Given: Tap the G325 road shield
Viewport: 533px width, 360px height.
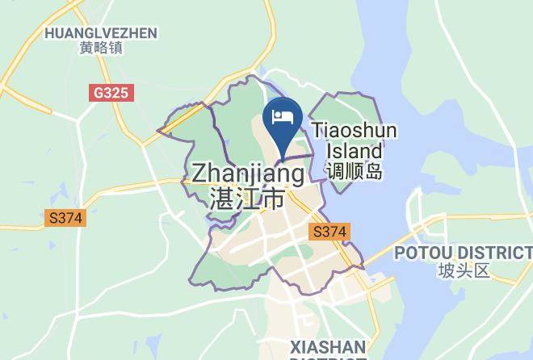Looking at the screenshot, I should (111, 93).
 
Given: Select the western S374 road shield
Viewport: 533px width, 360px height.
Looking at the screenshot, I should (65, 218).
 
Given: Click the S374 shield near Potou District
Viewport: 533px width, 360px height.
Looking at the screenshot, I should (329, 232).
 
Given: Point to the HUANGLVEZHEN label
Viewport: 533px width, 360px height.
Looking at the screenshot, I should (101, 32).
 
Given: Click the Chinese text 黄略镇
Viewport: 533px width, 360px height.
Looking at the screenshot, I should (101, 48).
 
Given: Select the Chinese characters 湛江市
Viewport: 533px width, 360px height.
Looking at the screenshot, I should (246, 198).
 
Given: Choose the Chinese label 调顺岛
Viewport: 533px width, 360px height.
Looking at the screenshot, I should (353, 171).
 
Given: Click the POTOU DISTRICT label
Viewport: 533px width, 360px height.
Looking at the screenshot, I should (464, 253).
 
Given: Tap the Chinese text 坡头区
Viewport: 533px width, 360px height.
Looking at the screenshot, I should (464, 270).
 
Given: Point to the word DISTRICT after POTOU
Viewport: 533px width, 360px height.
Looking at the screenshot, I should (489, 253).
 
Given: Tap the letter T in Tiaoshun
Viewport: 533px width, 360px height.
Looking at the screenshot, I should (317, 131).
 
